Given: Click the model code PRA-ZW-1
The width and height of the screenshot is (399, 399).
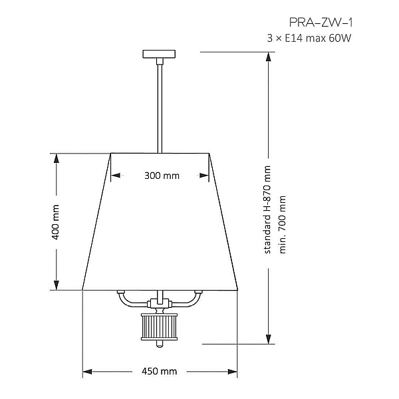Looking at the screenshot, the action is point(321,23).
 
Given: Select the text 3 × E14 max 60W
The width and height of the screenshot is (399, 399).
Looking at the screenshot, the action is point(309,39).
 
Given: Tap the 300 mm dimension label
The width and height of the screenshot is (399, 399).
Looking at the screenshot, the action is point(162,176).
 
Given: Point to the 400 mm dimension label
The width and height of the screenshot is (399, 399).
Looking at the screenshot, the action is point(55,222).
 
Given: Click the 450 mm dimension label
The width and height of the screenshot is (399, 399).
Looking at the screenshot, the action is point(160,371).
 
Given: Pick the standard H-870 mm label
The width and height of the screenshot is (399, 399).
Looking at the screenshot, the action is point(267,209).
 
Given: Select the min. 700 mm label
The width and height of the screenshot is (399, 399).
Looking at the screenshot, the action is point(283,225).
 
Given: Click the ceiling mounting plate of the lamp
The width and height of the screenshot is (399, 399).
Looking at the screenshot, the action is point(159,54).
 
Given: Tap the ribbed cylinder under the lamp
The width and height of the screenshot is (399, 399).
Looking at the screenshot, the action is point(160,327).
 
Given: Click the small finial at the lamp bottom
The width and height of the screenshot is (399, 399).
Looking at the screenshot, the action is point(160,344).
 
